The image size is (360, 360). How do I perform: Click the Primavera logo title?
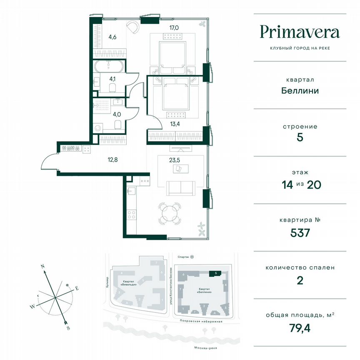click(300, 32)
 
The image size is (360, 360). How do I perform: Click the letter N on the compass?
click(42, 265)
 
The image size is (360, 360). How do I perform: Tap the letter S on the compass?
click(67, 328)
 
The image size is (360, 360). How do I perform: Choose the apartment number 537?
click(300, 232)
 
